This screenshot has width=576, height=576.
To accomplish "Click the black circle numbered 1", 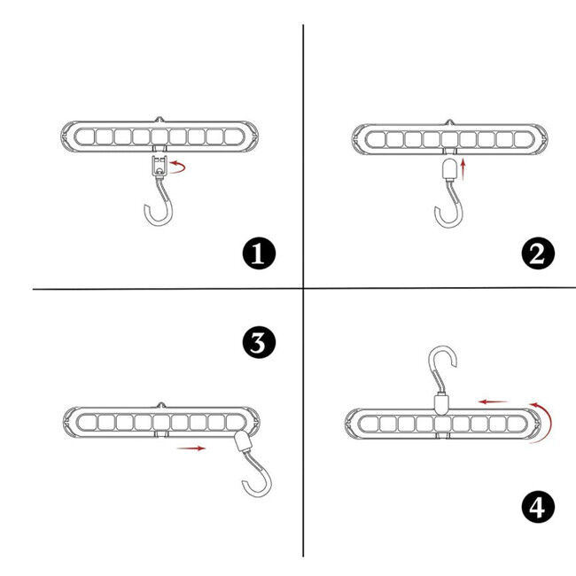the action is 259,253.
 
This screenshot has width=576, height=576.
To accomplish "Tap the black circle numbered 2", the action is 538,253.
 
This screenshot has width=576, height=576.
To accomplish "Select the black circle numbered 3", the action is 259,342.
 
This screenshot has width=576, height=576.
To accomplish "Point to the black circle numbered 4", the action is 538,508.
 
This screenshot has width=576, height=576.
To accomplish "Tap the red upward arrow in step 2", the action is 463,169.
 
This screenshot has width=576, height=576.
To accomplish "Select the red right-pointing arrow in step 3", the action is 191,448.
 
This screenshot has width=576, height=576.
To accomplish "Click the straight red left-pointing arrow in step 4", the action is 493,402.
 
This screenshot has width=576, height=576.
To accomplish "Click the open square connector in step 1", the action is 160,166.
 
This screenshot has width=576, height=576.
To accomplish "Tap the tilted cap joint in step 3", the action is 243,441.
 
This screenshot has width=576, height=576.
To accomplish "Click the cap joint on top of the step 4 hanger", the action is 441,404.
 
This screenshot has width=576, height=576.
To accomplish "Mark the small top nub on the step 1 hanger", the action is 160,120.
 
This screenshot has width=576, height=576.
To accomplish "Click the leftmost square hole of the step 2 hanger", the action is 376,140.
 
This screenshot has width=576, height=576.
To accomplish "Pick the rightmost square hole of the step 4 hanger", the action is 515,424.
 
